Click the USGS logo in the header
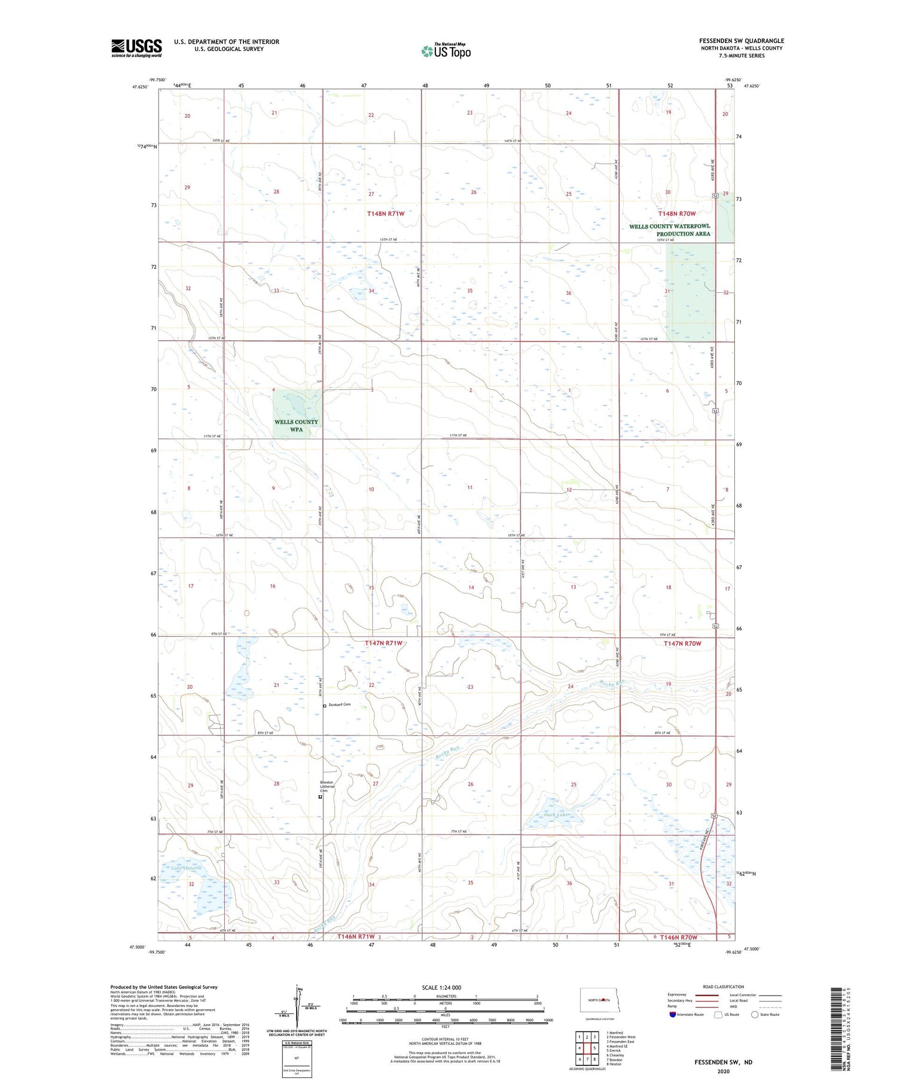[136, 48]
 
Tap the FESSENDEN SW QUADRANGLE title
[742, 41]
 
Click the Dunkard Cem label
[338, 705]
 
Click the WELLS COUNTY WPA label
[296, 425]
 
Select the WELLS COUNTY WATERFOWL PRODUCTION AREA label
[669, 230]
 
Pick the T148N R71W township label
[389, 213]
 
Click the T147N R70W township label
[682, 643]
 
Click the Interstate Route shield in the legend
[673, 1015]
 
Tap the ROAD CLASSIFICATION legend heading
[723, 987]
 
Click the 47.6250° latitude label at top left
[139, 87]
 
